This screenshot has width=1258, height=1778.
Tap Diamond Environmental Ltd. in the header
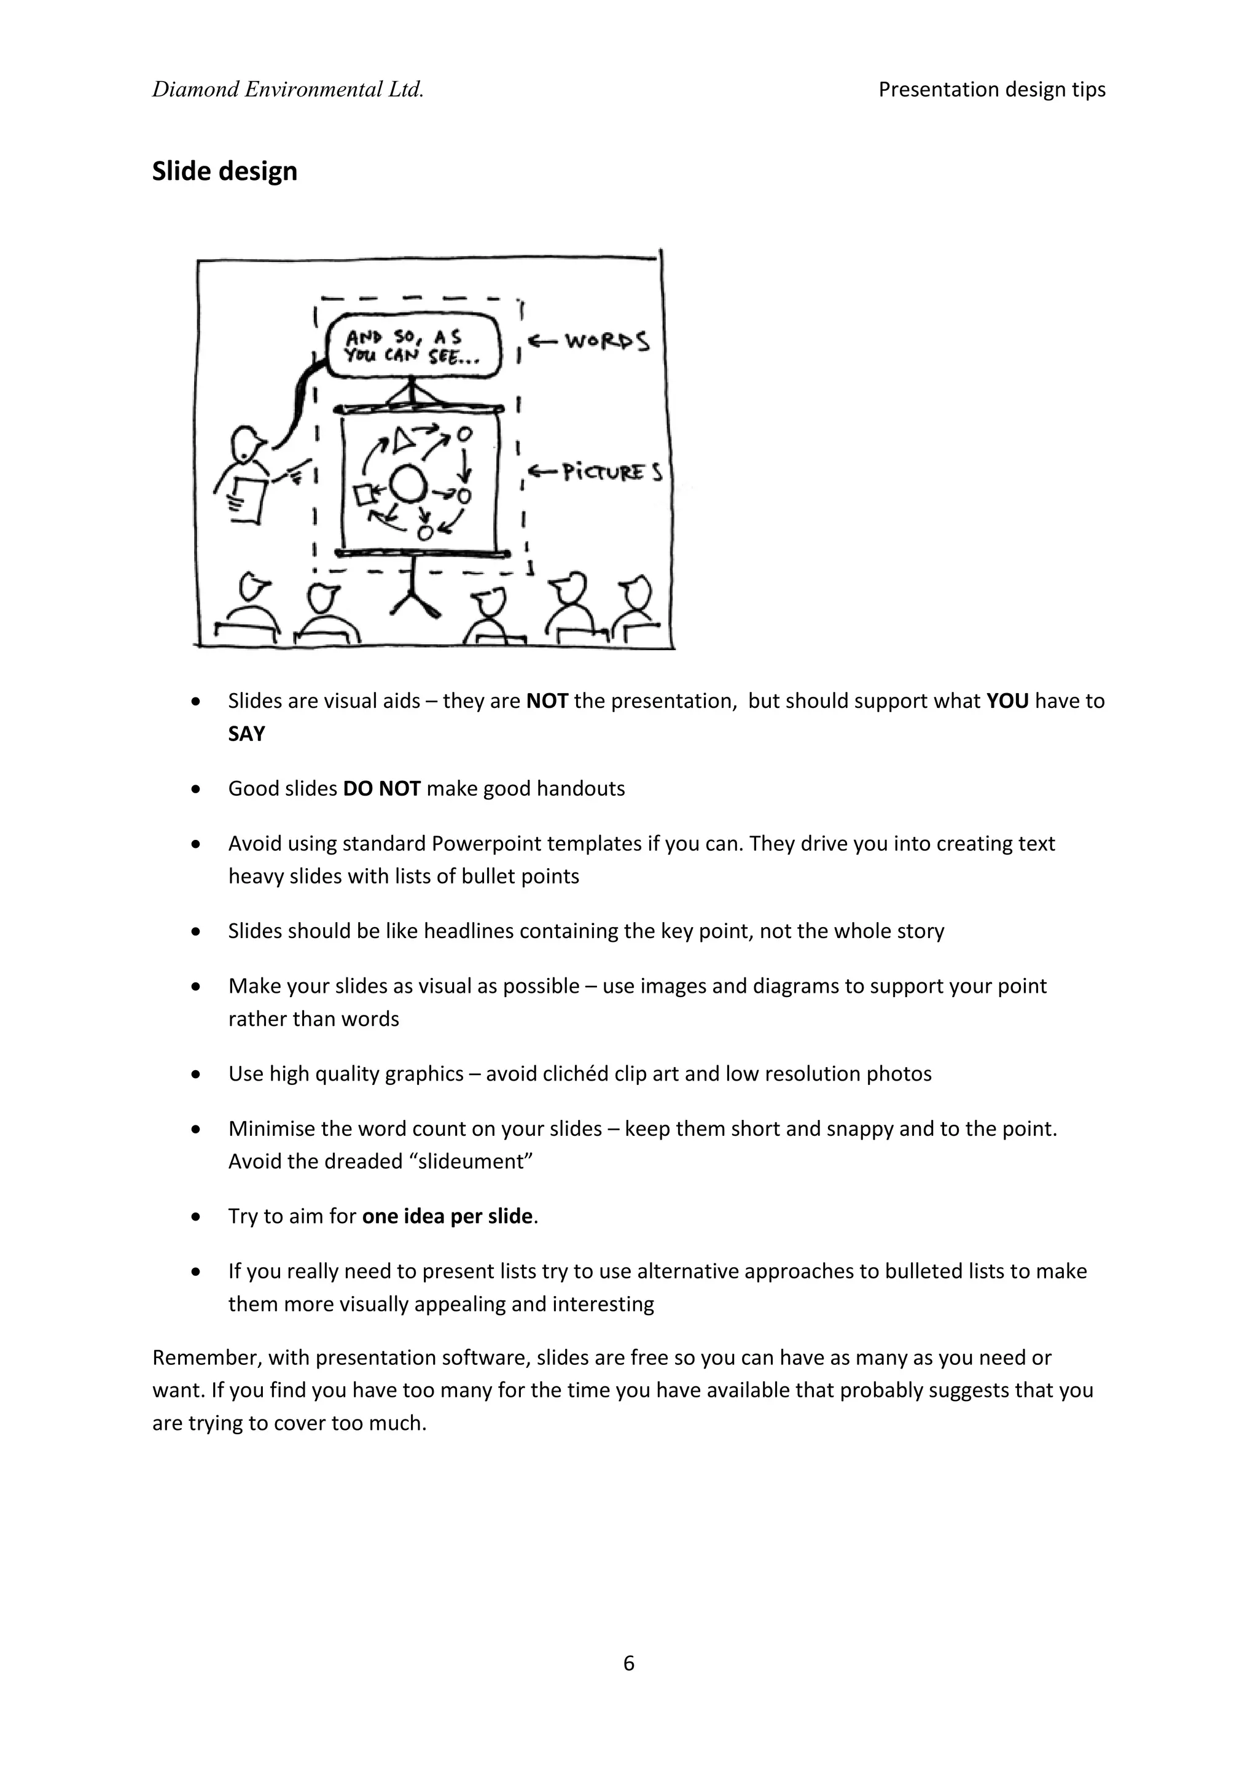click(287, 90)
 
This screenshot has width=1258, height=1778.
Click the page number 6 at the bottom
click(628, 1663)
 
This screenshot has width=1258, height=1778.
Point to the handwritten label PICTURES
click(612, 472)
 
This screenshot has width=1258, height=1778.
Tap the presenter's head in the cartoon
click(247, 444)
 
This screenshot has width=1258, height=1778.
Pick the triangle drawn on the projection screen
click(402, 440)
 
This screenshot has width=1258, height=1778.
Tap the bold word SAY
click(246, 733)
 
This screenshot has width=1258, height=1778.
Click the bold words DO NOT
click(381, 788)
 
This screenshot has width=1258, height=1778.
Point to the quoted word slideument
click(471, 1162)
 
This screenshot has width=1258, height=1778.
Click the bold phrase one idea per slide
click(447, 1217)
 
